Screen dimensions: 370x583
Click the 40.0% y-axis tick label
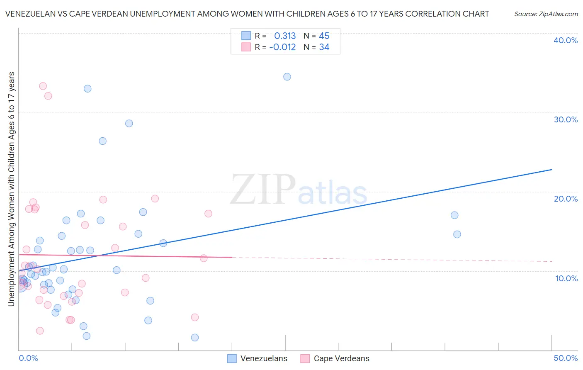click(x=565, y=40)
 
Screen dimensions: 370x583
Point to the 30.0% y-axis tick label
click(x=565, y=119)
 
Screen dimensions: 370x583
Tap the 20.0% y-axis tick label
click(x=565, y=199)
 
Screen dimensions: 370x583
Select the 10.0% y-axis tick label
click(x=566, y=278)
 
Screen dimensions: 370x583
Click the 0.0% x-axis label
click(x=28, y=358)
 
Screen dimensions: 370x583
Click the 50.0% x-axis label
click(x=565, y=358)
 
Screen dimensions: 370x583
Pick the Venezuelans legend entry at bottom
click(x=257, y=358)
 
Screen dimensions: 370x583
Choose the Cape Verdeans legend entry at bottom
click(x=335, y=358)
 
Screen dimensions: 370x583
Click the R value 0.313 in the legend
click(x=285, y=36)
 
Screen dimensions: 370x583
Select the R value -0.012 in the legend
click(x=282, y=47)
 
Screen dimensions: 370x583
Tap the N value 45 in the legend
click(x=324, y=36)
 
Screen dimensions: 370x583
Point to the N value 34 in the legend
click(x=324, y=47)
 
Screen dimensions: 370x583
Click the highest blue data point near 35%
click(x=287, y=77)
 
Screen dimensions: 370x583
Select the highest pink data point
click(x=43, y=86)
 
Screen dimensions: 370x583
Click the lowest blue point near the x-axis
click(x=195, y=338)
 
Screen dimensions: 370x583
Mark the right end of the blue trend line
click(x=551, y=170)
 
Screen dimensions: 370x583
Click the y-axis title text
click(x=11, y=189)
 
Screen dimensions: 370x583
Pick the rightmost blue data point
click(x=457, y=234)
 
